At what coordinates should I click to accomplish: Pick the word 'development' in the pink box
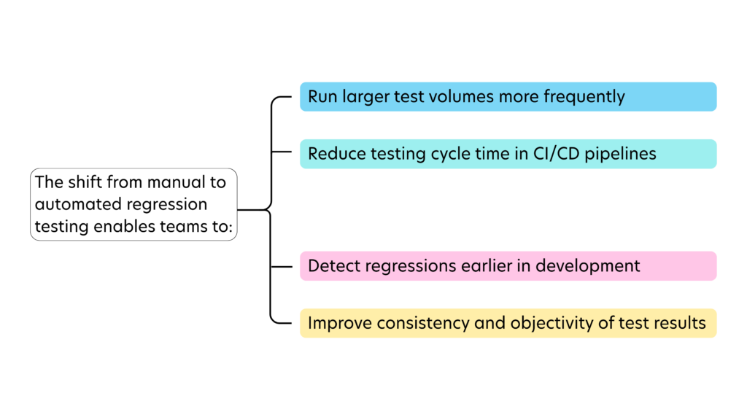(x=588, y=266)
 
